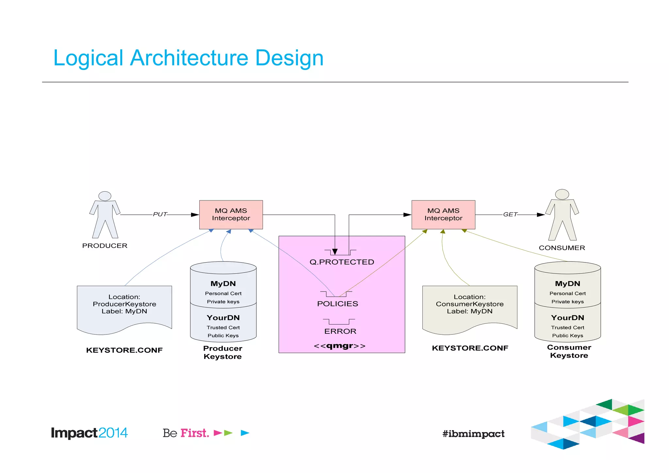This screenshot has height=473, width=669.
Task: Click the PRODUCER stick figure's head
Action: point(105,196)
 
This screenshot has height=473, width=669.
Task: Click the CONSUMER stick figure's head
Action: point(562,194)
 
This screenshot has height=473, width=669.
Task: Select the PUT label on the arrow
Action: point(160,214)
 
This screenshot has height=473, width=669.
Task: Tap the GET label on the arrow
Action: point(510,214)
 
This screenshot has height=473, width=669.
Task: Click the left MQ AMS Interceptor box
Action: point(231,214)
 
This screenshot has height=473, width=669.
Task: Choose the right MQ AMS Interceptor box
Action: point(443,214)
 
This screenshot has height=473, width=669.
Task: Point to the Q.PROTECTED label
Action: point(342,262)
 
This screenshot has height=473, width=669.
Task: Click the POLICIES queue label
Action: point(337,304)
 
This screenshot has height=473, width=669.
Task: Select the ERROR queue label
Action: point(340,331)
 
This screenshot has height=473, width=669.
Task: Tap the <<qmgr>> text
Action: point(339,346)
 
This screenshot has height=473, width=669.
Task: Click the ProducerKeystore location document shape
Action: point(124,307)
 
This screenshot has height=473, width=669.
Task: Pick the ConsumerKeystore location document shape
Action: point(470,307)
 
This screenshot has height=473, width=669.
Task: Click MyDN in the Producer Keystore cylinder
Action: point(223,284)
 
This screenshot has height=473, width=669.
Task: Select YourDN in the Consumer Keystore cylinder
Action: point(567,318)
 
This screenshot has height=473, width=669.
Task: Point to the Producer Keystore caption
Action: point(223,352)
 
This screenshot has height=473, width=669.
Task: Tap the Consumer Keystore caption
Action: point(569,351)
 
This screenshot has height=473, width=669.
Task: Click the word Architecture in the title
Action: point(189,58)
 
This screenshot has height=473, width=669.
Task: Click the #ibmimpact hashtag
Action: point(473,434)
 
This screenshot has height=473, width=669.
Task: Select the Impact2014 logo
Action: point(89,433)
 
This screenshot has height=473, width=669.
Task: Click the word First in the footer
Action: point(195,433)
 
